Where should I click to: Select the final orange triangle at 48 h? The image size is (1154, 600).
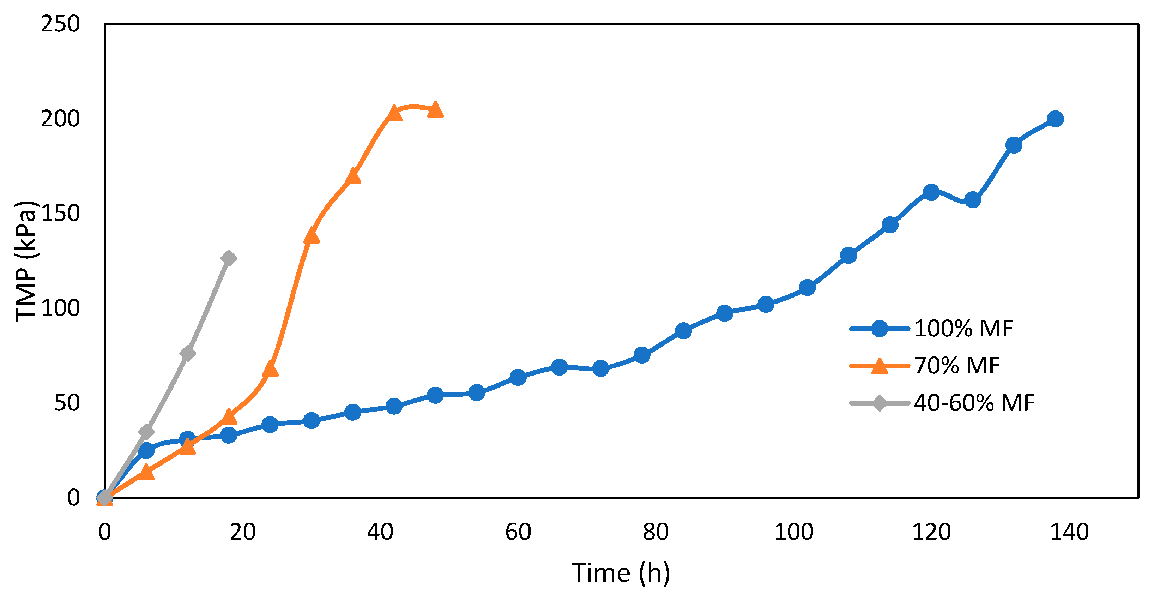click(x=435, y=109)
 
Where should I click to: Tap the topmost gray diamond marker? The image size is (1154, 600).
click(x=229, y=258)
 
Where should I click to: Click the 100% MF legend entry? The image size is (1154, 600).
click(x=963, y=329)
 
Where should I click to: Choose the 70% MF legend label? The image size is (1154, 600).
click(x=956, y=365)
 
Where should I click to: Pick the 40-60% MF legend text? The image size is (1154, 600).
click(x=974, y=402)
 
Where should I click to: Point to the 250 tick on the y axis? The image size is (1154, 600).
click(x=60, y=24)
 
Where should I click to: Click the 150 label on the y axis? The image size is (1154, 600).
click(x=60, y=213)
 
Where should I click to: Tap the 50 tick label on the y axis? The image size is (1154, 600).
click(x=67, y=403)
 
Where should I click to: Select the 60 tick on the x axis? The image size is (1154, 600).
click(x=518, y=532)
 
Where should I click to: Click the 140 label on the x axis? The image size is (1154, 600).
click(x=1069, y=532)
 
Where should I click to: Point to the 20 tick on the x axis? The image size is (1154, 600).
click(x=242, y=532)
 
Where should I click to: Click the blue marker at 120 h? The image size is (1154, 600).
click(x=931, y=192)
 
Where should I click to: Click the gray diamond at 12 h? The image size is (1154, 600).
click(x=187, y=353)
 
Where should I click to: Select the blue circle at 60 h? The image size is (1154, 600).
click(x=518, y=377)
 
